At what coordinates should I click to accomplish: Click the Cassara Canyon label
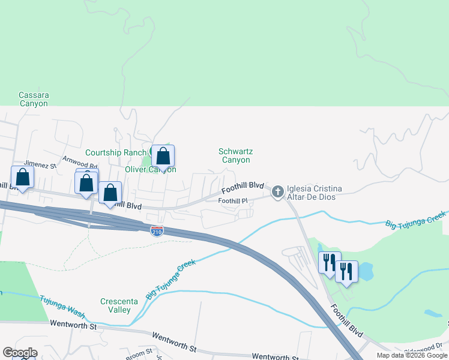click(33, 99)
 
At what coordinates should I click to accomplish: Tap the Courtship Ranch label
click(115, 152)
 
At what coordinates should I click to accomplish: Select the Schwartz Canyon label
click(235, 156)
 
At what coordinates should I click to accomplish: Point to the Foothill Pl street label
click(233, 200)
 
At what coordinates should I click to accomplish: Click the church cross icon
click(277, 192)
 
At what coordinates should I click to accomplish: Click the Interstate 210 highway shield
click(156, 231)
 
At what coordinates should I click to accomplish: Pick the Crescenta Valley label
click(116, 305)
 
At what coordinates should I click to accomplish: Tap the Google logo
click(20, 353)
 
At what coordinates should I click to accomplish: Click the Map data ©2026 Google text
click(412, 355)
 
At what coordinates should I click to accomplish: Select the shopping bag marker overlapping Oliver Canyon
click(163, 157)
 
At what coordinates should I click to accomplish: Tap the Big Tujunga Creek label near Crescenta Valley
click(169, 280)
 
